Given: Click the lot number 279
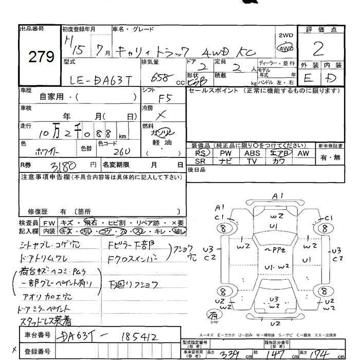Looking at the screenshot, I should [x=41, y=57].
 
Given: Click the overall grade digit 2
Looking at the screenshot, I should [x=318, y=49].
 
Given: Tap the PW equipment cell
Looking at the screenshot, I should [x=226, y=153].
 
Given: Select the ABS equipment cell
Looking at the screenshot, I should [x=252, y=153].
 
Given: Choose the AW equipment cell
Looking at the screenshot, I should [x=303, y=153].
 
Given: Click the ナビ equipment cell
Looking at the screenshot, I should [x=226, y=161].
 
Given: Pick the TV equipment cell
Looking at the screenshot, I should [x=252, y=161].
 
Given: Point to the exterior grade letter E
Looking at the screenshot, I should [x=308, y=79].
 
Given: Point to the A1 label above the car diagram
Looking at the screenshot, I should [x=278, y=196].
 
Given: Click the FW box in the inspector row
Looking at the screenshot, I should [x=49, y=223].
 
